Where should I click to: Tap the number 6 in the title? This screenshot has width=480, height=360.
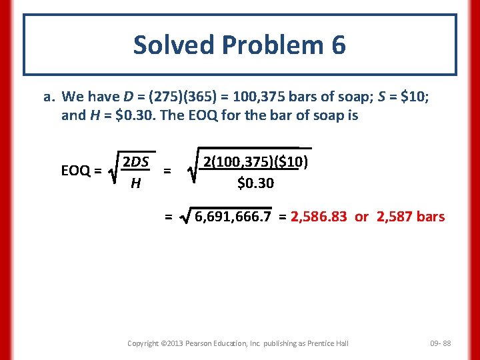coord(337,45)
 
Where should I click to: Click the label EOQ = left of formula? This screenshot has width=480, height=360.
coord(81,171)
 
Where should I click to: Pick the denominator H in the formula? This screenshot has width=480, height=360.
coord(135,183)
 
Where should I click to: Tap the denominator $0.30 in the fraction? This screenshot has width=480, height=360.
coord(256,182)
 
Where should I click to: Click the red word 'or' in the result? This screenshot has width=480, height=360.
coord(362,217)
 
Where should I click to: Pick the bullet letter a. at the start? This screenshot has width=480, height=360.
coord(49,97)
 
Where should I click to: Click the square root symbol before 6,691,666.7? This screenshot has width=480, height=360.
coord(184,217)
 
